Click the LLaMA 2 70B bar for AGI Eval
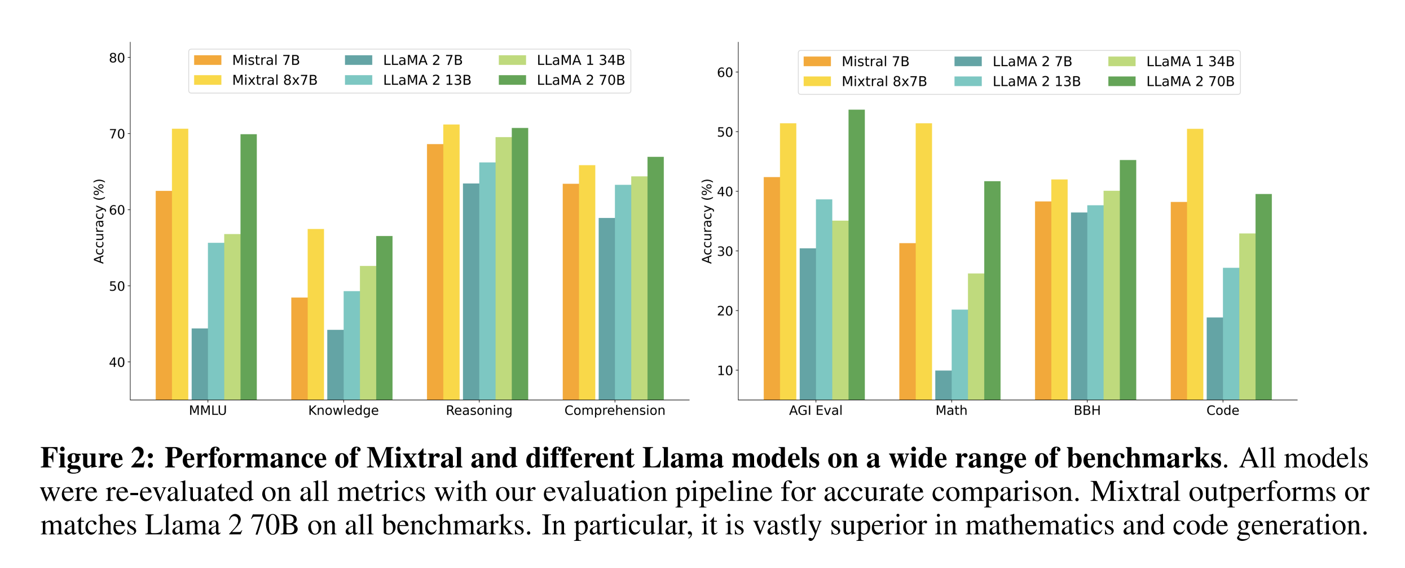click(x=856, y=255)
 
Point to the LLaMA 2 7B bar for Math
click(x=943, y=385)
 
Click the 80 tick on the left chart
click(x=117, y=58)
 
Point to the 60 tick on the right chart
click(x=725, y=73)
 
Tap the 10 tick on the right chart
click(x=725, y=371)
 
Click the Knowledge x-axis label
click(x=343, y=410)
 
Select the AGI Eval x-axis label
click(x=815, y=410)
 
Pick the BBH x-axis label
click(x=1087, y=410)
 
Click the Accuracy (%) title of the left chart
click(x=99, y=221)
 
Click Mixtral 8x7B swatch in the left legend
click(x=208, y=80)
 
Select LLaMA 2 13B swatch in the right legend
click(x=968, y=81)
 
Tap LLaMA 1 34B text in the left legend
click(x=580, y=60)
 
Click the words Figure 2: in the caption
click(x=97, y=458)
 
